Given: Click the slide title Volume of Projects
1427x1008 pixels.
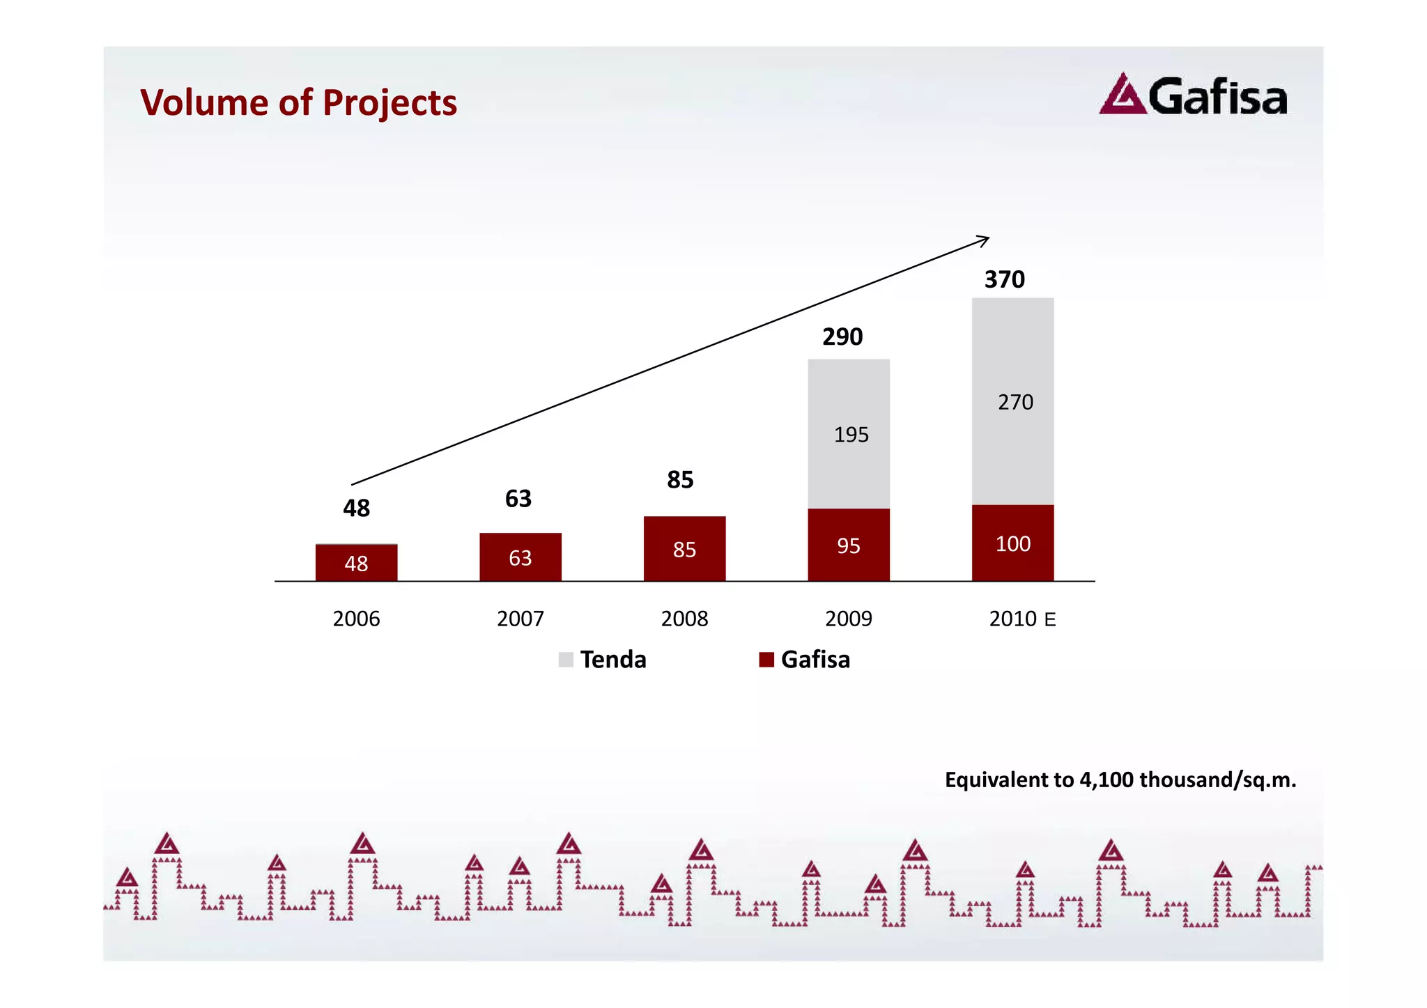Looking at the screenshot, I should pos(298,102).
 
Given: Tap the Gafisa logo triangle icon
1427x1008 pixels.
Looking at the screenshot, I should pos(1122,95).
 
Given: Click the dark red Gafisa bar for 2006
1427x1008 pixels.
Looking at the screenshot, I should pos(356,562).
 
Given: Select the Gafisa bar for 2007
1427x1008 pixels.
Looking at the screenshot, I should pos(520,557).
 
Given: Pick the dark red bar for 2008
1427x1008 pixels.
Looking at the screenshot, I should pos(684,548).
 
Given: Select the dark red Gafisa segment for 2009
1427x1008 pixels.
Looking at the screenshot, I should pos(849,544).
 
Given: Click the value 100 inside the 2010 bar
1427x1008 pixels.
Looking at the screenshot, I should pos(1012,543).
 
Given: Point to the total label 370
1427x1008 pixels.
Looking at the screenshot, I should pos(1004,279).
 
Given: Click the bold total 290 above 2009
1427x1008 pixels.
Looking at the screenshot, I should pos(842,337).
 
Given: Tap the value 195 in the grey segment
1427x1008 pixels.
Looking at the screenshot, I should pos(851,435).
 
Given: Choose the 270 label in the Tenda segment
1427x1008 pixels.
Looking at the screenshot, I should pos(1015,402).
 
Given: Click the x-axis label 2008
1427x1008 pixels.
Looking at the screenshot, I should pos(684,619).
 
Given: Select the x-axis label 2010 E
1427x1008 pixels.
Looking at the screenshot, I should pos(1022,619).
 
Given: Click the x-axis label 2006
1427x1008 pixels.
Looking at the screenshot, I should pos(356,619).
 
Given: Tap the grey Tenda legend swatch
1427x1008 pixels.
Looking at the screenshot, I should pos(566,660).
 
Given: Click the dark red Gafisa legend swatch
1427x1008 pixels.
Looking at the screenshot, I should pos(766,660).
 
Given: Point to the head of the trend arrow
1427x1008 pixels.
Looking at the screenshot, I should pos(986,239).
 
